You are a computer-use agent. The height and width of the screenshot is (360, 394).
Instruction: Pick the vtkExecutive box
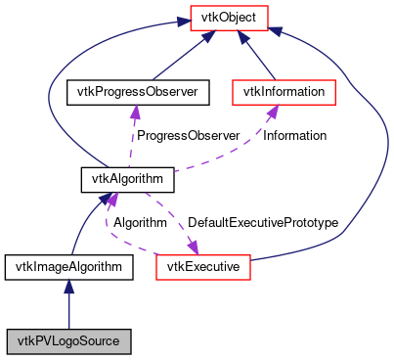click(x=204, y=265)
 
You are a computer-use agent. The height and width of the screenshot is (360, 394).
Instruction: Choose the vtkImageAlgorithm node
click(x=67, y=265)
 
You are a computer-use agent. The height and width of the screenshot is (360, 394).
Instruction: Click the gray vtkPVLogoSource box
click(x=67, y=341)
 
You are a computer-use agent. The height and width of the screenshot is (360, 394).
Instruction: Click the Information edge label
click(x=295, y=135)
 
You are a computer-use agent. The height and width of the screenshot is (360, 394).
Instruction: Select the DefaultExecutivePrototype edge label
click(x=263, y=223)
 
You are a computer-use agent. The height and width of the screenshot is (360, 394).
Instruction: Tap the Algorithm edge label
click(x=140, y=223)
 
